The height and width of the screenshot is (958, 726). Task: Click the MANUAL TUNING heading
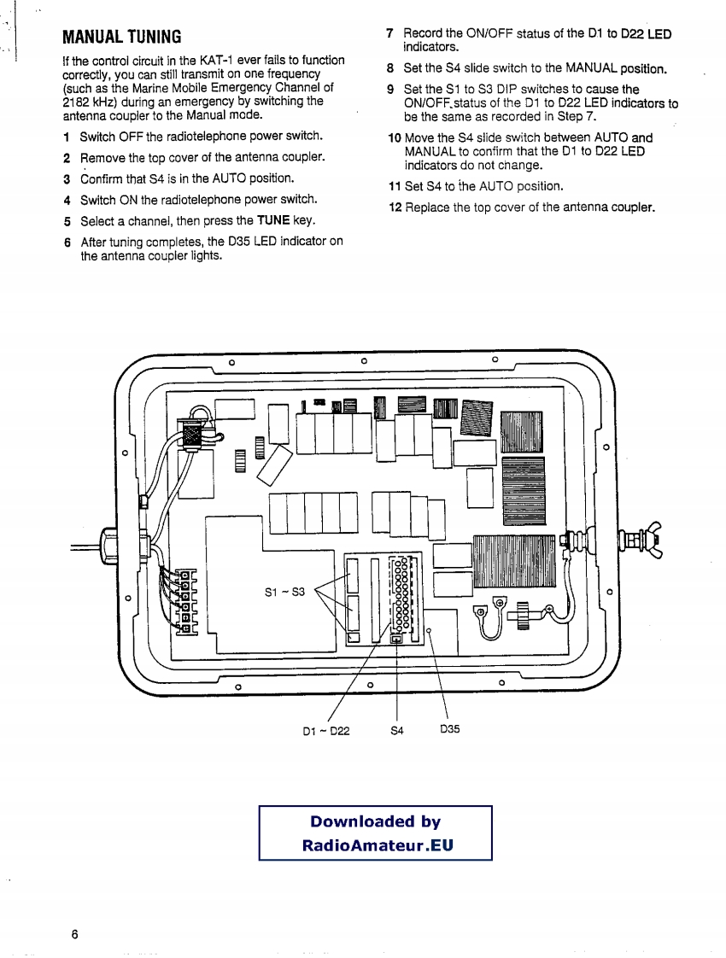[122, 38]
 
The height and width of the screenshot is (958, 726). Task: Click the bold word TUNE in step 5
[274, 221]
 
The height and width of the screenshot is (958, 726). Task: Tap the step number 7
[389, 34]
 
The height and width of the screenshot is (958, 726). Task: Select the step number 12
[395, 207]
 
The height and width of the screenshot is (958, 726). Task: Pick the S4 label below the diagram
[397, 731]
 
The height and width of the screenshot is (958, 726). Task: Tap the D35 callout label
[450, 730]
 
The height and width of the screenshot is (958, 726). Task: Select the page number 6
[75, 934]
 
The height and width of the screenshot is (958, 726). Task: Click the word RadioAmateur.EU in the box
[377, 845]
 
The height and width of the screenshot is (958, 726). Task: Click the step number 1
[66, 137]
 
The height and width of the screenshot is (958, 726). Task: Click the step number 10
[394, 137]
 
